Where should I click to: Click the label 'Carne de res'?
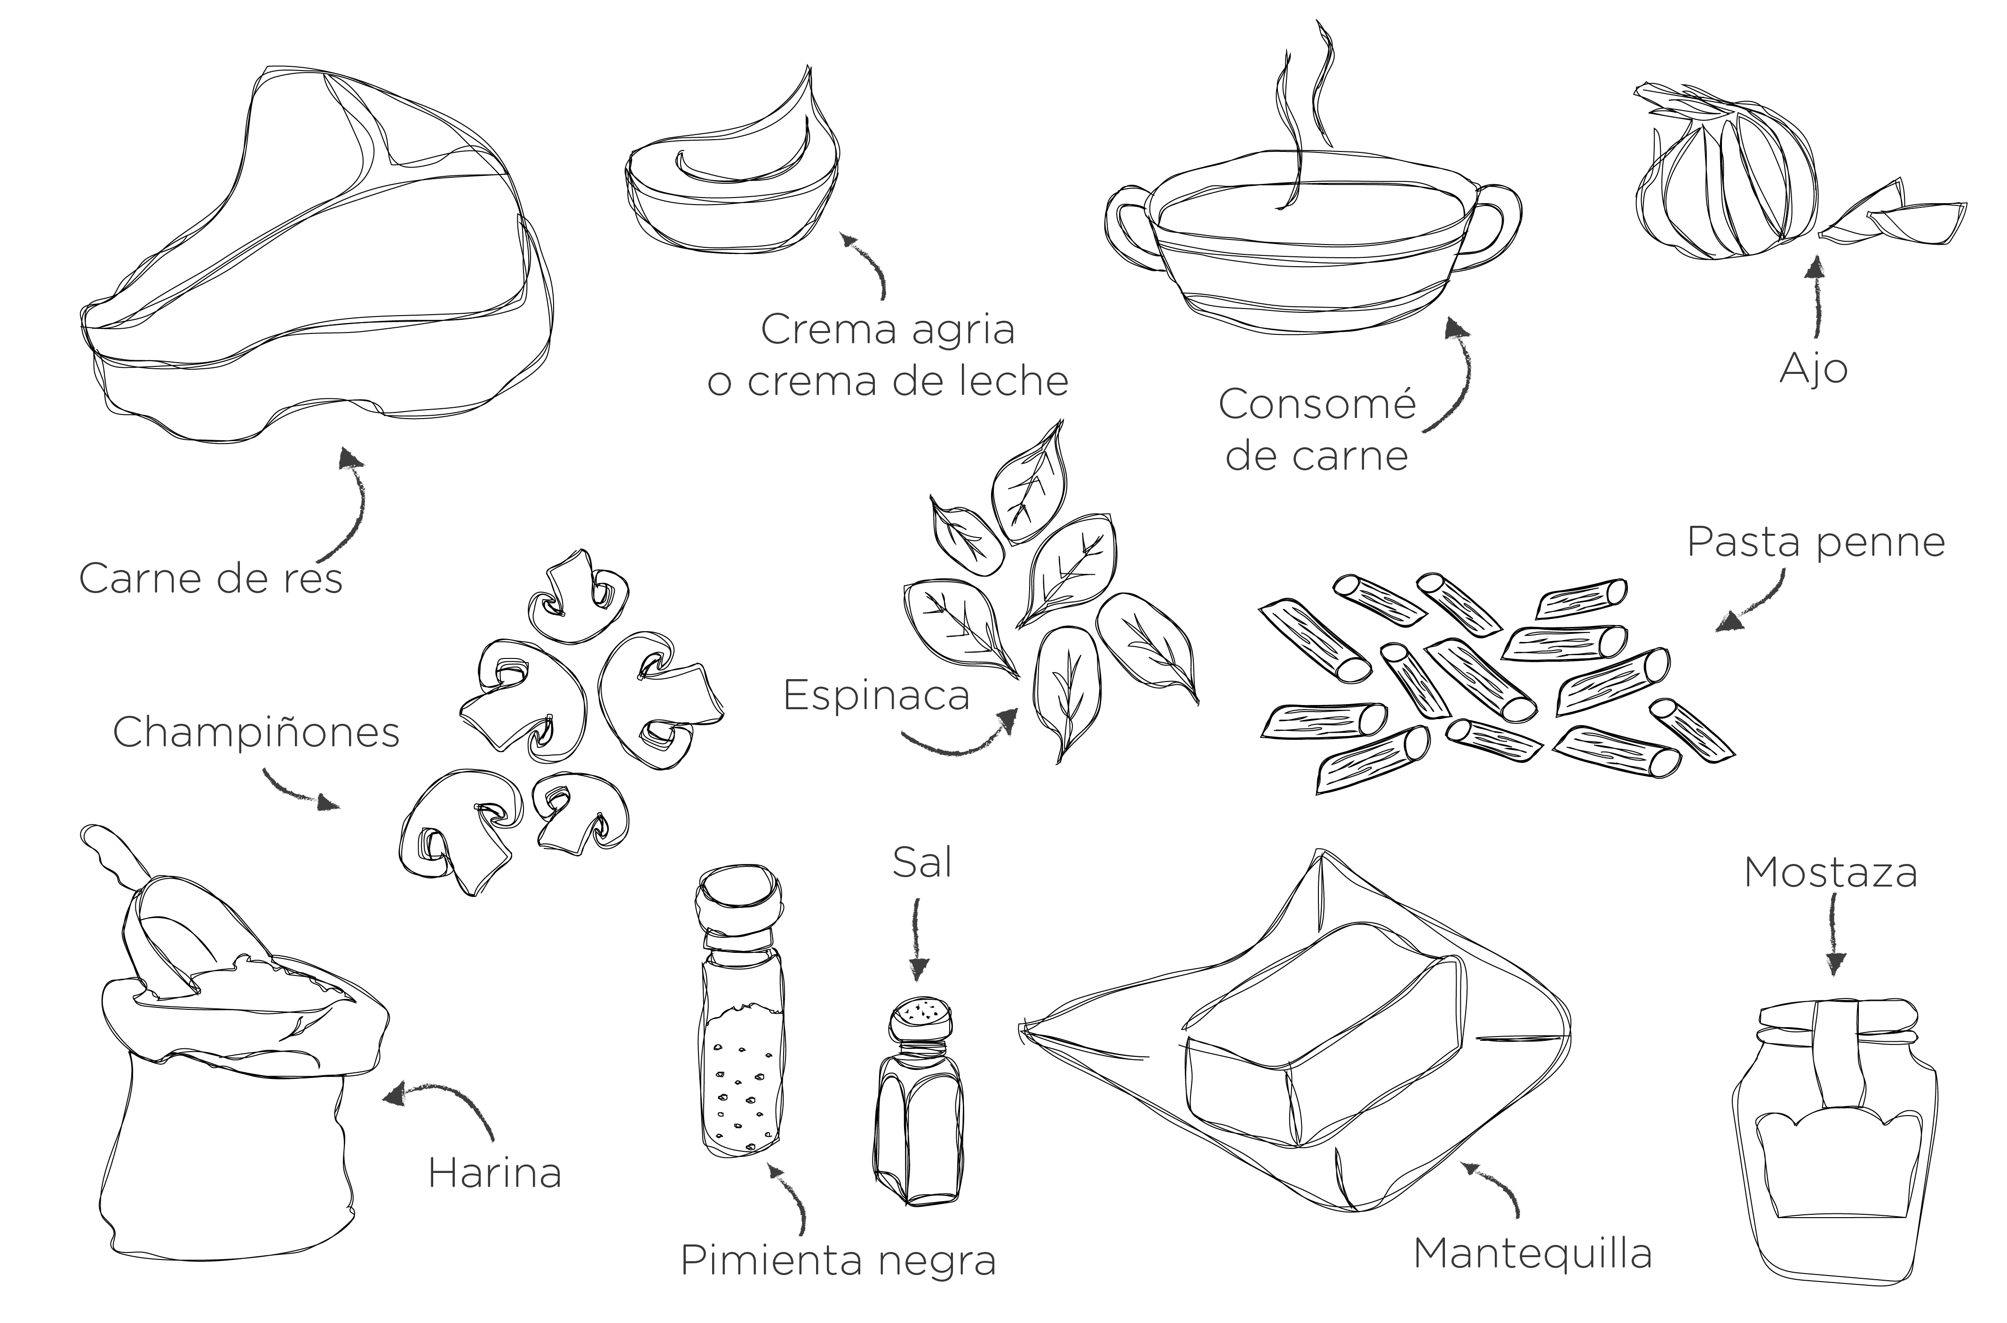click(211, 579)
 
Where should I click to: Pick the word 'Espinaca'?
click(876, 695)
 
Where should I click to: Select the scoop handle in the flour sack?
click(114, 852)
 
